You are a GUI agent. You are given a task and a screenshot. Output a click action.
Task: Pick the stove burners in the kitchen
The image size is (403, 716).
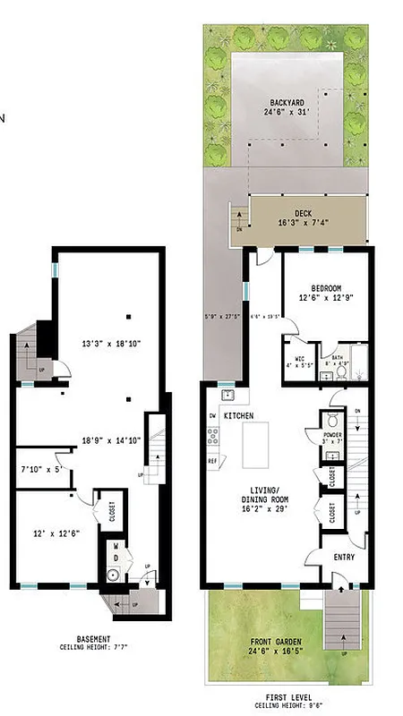click(213, 437)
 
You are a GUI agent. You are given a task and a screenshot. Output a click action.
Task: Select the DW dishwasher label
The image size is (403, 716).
click(212, 415)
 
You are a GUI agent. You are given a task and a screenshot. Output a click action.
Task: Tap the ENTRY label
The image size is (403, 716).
click(345, 557)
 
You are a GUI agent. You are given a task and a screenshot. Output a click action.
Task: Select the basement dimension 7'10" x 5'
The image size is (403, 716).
click(40, 468)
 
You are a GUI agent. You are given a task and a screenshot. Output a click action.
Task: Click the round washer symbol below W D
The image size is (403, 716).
click(114, 574)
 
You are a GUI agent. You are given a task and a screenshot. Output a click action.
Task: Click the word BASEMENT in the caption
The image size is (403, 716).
click(93, 639)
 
